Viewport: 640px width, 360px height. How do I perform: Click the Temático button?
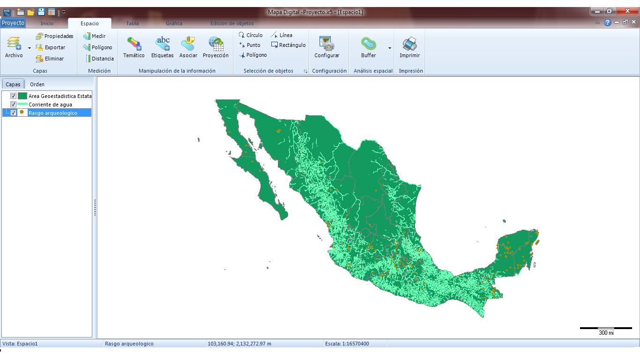click(134, 47)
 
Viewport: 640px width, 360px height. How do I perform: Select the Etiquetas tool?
click(162, 47)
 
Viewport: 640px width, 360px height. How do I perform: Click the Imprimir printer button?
click(409, 47)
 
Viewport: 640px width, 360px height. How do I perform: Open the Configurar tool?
click(327, 47)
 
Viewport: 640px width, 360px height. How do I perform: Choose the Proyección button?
click(216, 47)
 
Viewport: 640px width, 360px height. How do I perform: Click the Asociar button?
click(188, 47)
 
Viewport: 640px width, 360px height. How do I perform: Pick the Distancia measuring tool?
click(99, 59)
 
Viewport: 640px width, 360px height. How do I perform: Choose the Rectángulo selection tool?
click(288, 45)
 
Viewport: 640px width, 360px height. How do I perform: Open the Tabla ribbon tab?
click(132, 23)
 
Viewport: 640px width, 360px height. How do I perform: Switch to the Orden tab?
click(37, 84)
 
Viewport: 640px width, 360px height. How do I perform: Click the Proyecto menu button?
click(13, 23)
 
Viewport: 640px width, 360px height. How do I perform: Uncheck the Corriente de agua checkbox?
click(14, 105)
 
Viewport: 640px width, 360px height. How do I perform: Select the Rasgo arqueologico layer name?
click(53, 113)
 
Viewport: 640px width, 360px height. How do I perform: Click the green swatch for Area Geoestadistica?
click(22, 96)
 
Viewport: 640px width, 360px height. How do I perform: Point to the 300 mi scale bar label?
click(606, 333)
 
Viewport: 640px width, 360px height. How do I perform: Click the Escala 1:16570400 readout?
click(347, 344)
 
